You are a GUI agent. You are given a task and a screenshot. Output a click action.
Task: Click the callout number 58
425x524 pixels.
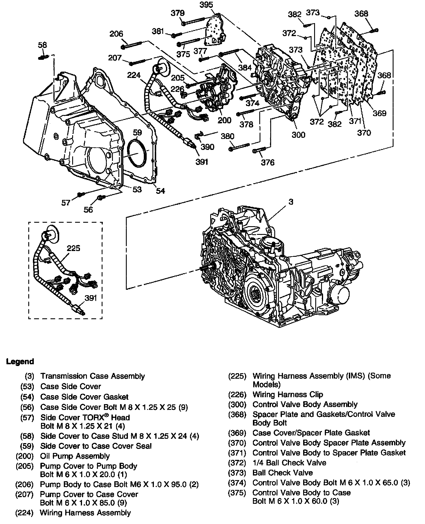[x=42, y=45]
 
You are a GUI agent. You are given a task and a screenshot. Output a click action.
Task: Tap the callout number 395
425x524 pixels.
[x=206, y=5]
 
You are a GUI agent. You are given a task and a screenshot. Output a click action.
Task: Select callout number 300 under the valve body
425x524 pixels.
[x=298, y=135]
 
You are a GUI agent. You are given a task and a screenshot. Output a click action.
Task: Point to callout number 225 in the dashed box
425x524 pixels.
[x=73, y=248]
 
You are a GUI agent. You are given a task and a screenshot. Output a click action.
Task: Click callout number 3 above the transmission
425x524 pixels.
[x=291, y=202]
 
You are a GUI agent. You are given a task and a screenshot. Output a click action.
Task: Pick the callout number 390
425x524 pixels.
[x=207, y=147]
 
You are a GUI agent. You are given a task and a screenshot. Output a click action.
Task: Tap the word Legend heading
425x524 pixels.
[x=20, y=361]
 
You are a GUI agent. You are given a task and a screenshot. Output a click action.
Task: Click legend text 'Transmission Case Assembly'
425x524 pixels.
[x=93, y=376]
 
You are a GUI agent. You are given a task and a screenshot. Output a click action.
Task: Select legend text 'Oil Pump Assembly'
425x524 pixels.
[x=75, y=456]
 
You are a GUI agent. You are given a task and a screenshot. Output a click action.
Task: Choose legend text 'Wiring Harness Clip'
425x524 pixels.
[x=288, y=394]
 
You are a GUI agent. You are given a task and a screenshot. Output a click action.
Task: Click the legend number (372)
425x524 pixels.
[x=237, y=463]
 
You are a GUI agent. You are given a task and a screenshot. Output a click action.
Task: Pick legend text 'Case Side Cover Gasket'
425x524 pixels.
[x=84, y=397]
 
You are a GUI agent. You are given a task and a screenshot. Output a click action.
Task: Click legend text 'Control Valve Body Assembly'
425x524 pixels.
[x=305, y=404]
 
